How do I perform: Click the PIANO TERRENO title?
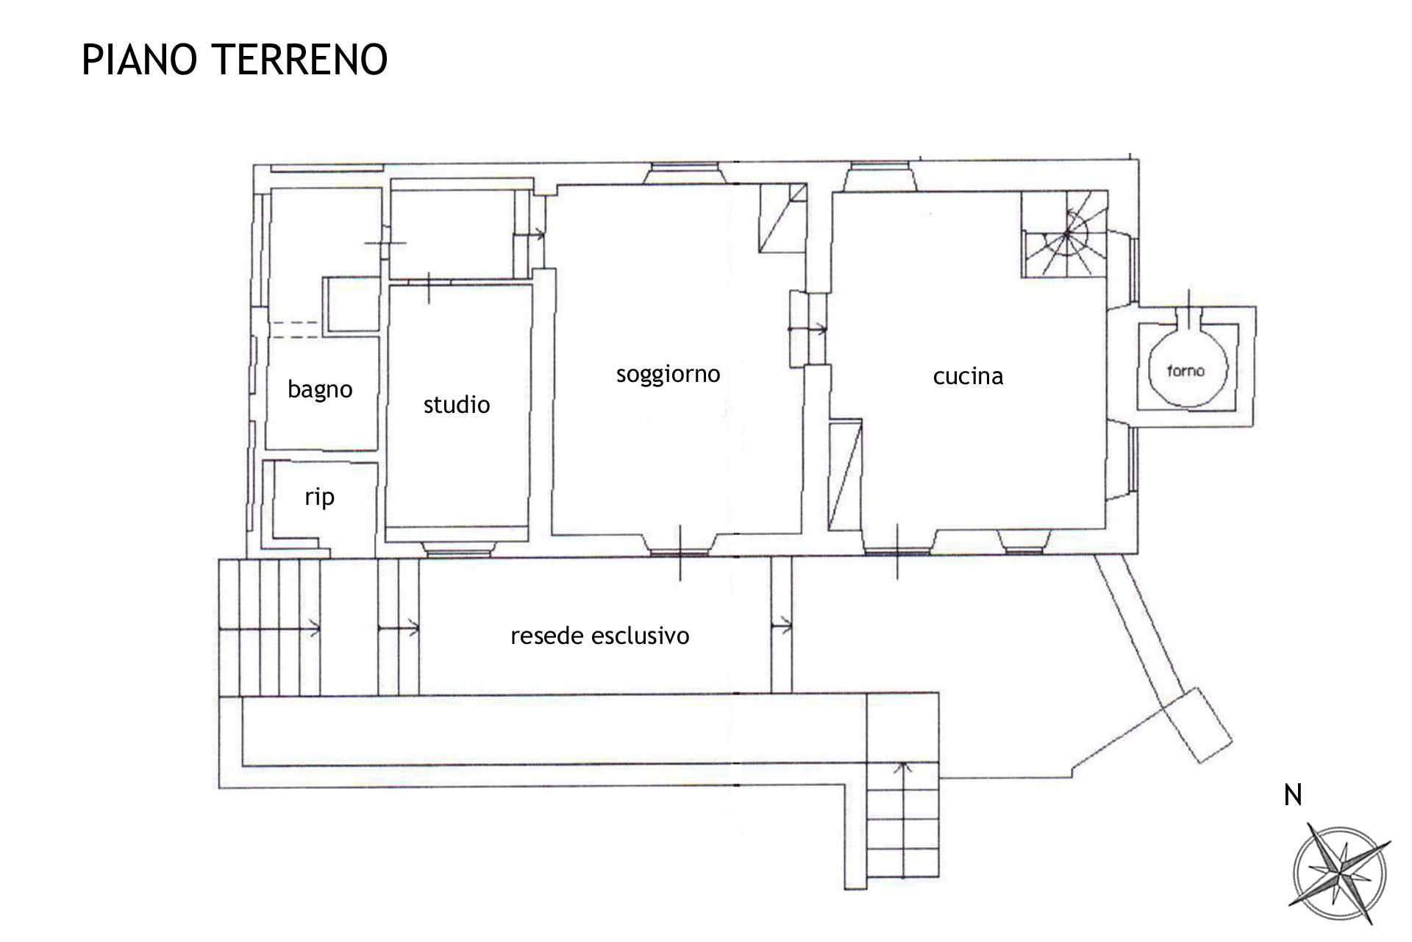235,60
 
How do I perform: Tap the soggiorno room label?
668,375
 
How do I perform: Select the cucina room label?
968,376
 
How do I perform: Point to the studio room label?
457,404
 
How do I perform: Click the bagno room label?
320,389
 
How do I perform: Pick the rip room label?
319,497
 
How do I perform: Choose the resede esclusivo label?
600,636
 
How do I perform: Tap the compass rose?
1340,874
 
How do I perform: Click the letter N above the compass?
1293,795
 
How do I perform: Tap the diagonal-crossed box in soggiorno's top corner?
783,218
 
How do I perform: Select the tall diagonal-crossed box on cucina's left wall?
845,475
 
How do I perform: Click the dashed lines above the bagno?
294,330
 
